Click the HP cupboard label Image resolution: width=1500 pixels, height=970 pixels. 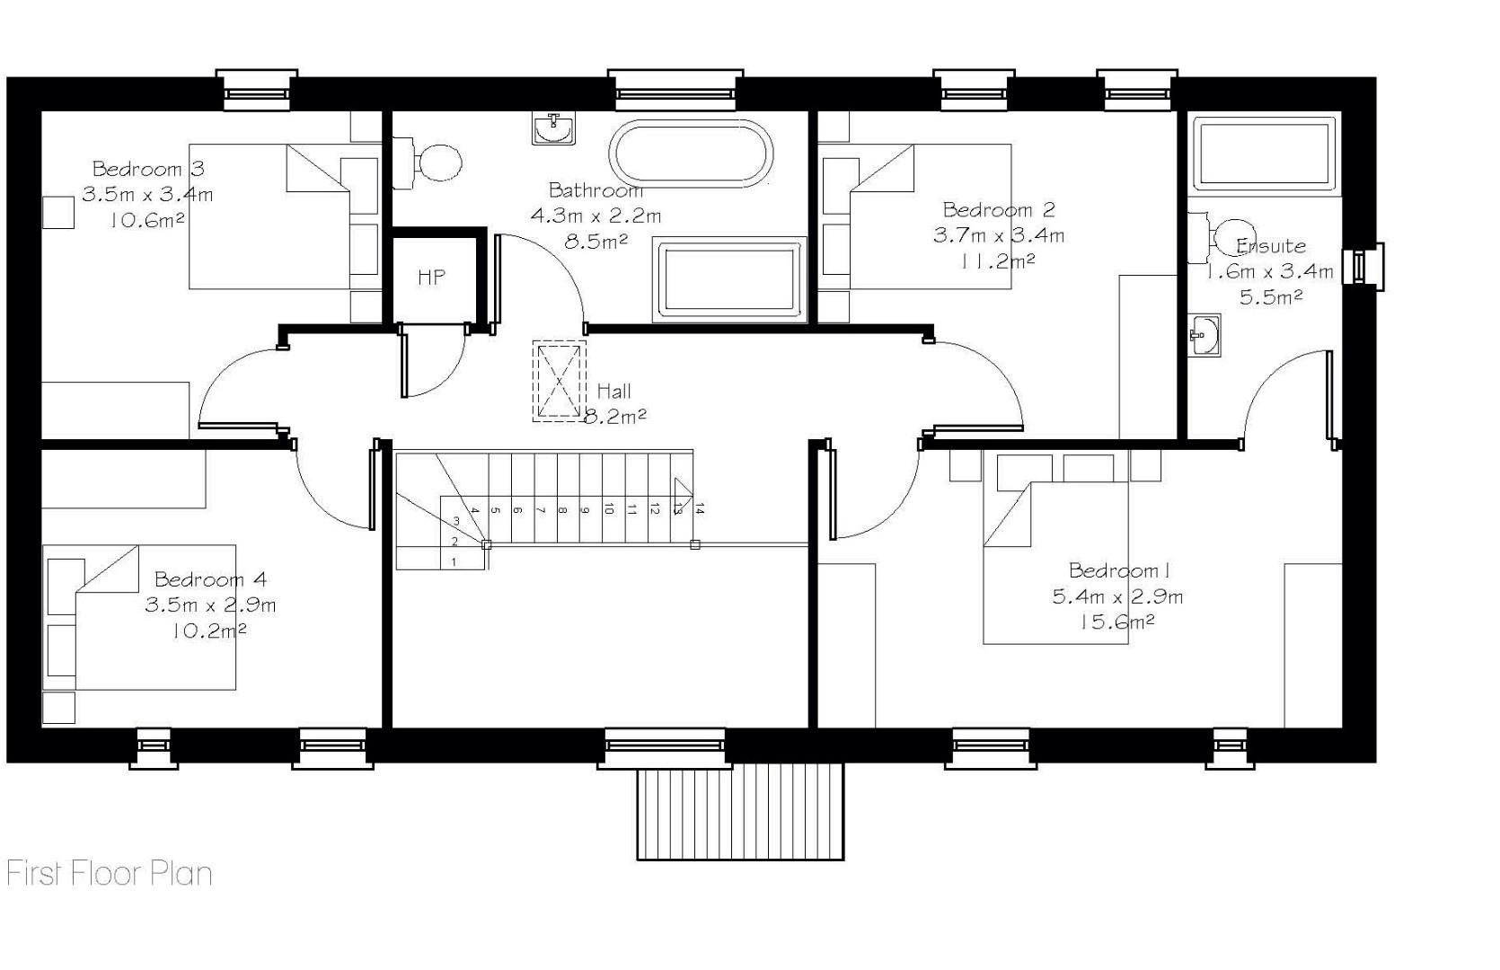pos(431,278)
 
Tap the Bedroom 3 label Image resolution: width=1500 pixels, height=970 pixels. pos(148,169)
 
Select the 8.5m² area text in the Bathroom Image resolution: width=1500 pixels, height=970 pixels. pos(596,241)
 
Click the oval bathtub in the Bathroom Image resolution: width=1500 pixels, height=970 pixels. pos(691,154)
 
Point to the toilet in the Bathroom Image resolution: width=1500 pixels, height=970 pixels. pos(428,163)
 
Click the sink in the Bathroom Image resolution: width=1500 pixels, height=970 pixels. pos(553,128)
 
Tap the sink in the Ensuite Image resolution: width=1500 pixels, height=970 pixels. pos(1204,335)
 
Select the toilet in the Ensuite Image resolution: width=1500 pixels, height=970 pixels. pos(1222,238)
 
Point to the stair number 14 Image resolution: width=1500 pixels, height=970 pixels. pos(699,509)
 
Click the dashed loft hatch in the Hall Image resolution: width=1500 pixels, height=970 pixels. pos(560,381)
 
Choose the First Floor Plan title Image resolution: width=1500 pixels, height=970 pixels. pos(110,874)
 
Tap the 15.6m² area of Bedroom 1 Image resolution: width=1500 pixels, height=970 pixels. pos(1117,622)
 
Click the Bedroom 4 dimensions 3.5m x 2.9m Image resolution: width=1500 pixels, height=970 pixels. pos(210,605)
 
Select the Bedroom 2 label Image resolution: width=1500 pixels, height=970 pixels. pos(999,210)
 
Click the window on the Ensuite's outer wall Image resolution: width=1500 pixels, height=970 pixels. pos(1363,267)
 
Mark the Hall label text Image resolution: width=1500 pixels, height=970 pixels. pos(613,391)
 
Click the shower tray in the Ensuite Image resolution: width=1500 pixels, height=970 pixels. pos(1265,154)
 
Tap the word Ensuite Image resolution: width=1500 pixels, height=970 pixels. pos(1270,246)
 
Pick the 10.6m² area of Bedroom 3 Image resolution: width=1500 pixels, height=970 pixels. pos(147,220)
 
